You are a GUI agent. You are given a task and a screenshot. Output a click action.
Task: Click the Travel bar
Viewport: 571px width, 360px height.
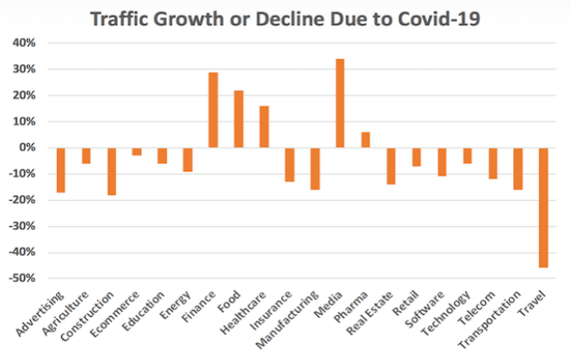tap(543, 207)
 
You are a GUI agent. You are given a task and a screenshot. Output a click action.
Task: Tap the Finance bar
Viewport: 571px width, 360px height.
tap(213, 110)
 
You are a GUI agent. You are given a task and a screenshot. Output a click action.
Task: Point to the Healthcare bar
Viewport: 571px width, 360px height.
tap(264, 127)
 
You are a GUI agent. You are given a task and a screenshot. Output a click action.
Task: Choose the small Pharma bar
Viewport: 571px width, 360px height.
tap(365, 140)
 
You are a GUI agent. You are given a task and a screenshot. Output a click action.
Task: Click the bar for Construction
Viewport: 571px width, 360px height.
tap(112, 171)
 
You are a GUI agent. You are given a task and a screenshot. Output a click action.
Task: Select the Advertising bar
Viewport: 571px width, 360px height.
tap(61, 170)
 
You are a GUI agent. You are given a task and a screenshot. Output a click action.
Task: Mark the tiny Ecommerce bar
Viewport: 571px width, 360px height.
tap(137, 151)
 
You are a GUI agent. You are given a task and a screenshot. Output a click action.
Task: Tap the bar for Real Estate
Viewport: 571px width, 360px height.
tap(391, 166)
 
